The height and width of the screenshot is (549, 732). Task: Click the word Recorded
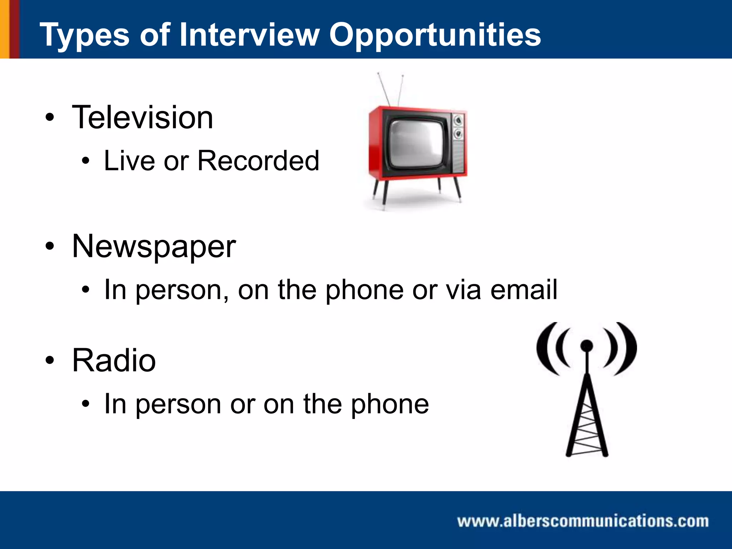pos(258,161)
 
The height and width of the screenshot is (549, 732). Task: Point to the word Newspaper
pos(154,247)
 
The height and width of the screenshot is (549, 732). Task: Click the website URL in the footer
pos(583,521)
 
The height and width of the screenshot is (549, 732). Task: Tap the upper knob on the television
pos(458,121)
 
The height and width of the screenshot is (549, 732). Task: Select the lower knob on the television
pos(458,134)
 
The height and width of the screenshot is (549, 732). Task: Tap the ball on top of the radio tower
pos(587,345)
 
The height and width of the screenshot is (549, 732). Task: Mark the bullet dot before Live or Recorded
pos(85,161)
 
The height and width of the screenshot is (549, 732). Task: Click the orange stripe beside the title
pos(4,29)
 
